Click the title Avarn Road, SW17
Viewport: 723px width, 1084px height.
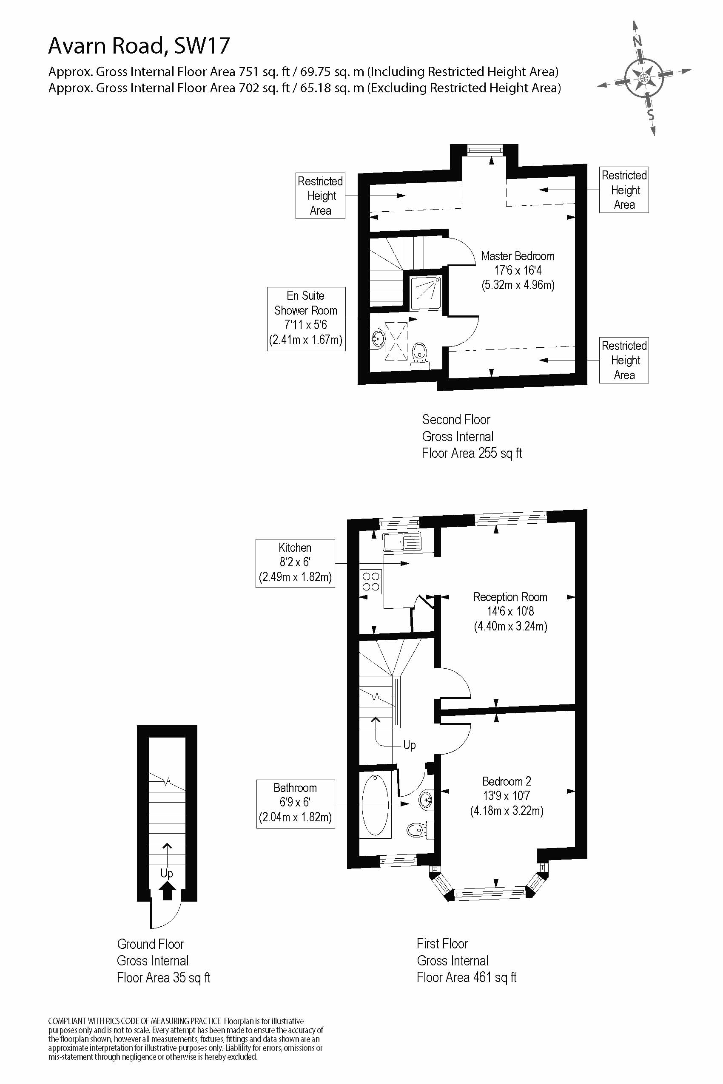coord(139,45)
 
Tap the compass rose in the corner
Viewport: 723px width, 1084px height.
coord(644,77)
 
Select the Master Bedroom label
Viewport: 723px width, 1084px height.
coord(517,270)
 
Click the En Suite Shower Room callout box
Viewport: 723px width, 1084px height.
coord(306,319)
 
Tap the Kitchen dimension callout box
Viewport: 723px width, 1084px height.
coord(295,563)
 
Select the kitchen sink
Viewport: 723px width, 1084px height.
coord(401,542)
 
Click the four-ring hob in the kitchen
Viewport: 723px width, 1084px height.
coord(371,582)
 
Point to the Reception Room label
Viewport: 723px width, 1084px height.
coord(510,611)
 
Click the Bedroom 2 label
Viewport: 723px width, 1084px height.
coord(506,795)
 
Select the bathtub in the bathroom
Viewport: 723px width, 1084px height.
coord(375,804)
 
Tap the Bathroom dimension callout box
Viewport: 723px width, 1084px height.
coord(295,804)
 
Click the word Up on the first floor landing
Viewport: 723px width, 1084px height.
coord(409,745)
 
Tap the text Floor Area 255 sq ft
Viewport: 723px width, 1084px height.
coord(472,453)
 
